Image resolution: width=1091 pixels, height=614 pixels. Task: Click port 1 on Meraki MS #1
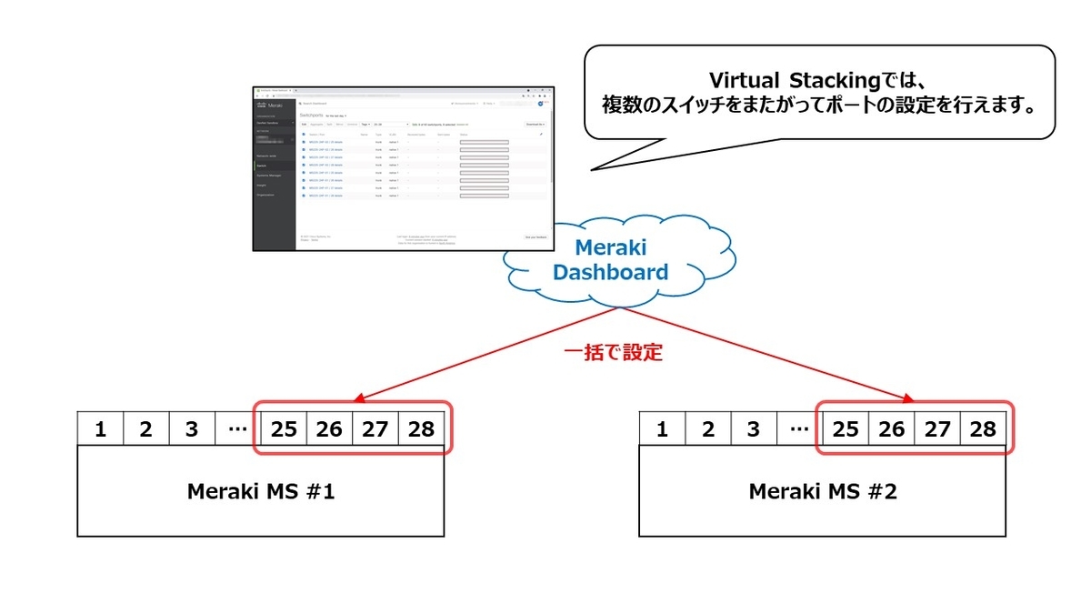point(101,429)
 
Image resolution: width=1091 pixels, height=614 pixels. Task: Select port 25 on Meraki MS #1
point(284,429)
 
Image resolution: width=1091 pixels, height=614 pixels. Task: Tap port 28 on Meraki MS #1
point(421,429)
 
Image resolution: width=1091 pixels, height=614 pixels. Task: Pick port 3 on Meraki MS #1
point(192,429)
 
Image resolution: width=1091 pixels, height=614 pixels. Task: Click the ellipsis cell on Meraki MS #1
point(237,429)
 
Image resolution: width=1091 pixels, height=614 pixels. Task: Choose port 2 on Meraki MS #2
point(708,429)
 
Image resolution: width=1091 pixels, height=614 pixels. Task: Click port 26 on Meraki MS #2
point(892,429)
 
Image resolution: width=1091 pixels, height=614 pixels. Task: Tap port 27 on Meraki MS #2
point(937,429)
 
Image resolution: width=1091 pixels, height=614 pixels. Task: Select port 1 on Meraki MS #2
point(663,429)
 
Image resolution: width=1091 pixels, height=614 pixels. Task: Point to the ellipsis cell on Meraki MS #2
point(799,429)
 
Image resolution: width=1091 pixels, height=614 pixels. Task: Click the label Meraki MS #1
point(261,492)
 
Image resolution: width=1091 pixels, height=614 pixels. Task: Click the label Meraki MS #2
point(823,492)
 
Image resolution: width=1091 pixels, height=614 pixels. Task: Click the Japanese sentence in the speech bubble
point(819,106)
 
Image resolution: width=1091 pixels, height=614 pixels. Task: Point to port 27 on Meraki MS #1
point(375,429)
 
